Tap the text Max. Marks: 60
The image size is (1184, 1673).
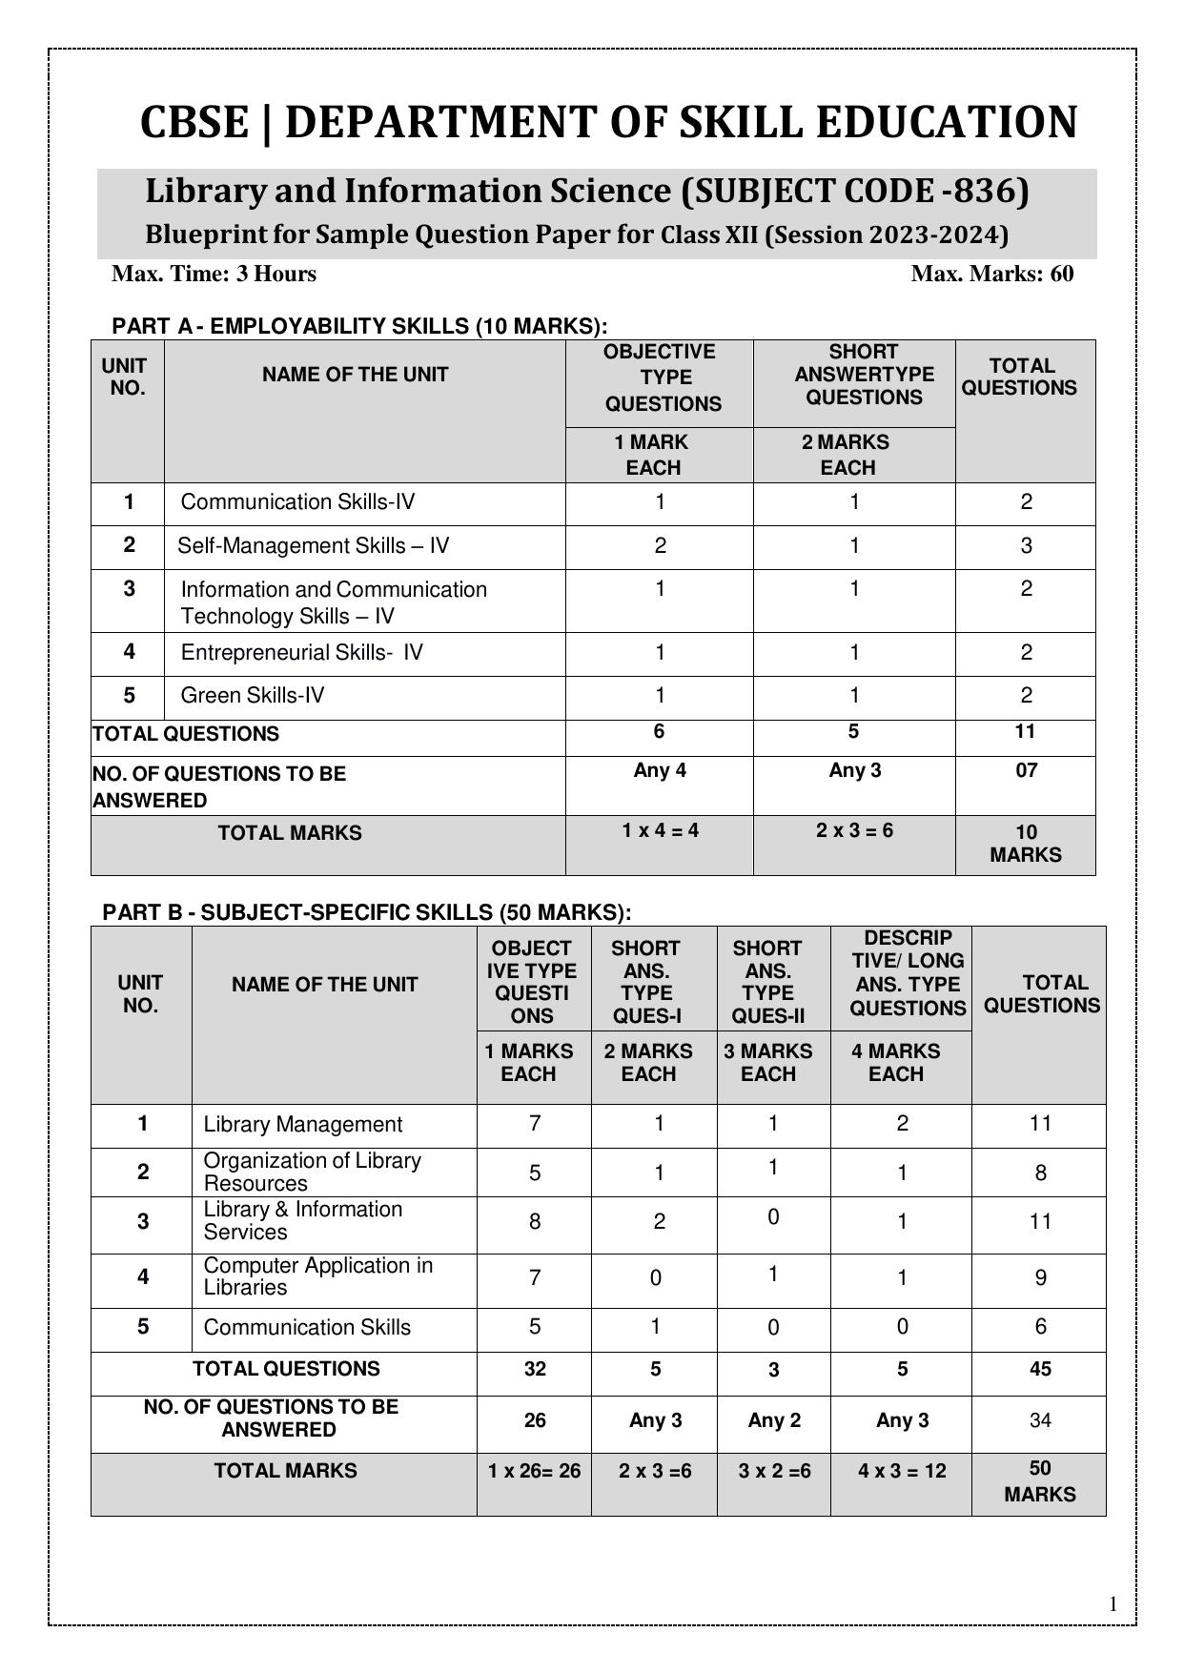click(x=991, y=275)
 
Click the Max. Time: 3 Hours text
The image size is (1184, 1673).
click(x=214, y=275)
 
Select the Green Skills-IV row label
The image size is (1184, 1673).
click(x=252, y=696)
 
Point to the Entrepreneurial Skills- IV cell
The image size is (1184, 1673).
click(x=301, y=653)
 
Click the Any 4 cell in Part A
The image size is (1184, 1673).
click(x=659, y=770)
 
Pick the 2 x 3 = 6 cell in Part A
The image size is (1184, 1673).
click(x=854, y=830)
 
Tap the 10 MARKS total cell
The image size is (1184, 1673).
click(x=1025, y=844)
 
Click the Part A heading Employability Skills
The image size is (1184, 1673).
click(x=358, y=326)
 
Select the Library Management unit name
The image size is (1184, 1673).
click(x=302, y=1125)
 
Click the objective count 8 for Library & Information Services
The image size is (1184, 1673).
click(x=535, y=1222)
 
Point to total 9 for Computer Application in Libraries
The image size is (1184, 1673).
click(x=1040, y=1278)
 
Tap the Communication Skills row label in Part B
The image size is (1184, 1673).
click(x=306, y=1328)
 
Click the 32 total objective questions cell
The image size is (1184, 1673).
click(x=535, y=1370)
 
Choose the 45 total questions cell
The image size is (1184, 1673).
click(x=1040, y=1370)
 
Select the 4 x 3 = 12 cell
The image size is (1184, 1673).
click(x=902, y=1472)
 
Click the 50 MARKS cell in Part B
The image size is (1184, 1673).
click(x=1040, y=1481)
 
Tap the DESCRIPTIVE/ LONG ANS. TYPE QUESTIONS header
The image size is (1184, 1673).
click(x=908, y=973)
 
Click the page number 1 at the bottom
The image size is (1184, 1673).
click(x=1113, y=1604)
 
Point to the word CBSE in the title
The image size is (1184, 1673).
click(x=194, y=123)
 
